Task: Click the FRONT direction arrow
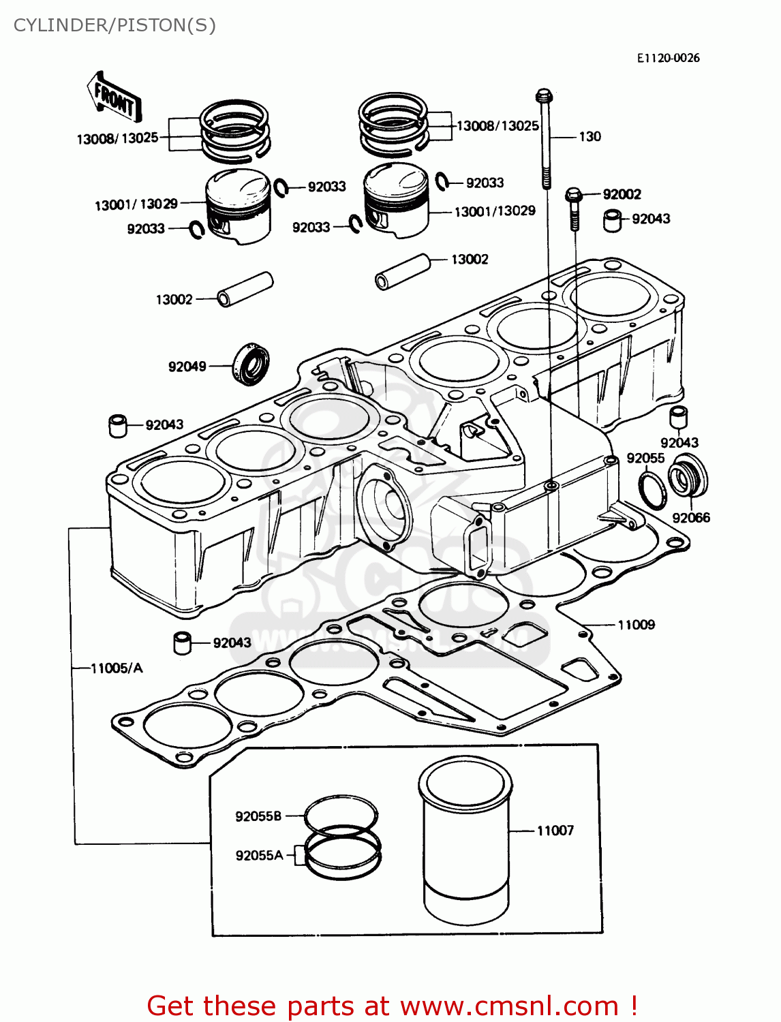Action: click(114, 99)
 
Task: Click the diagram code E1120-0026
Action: click(668, 58)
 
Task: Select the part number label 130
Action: click(589, 136)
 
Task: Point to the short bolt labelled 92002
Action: click(574, 208)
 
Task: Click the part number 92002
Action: click(622, 194)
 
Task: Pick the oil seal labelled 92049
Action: click(251, 364)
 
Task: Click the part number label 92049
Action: click(187, 367)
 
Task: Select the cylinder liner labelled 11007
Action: click(465, 841)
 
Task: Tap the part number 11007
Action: click(555, 831)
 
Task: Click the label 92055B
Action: click(258, 816)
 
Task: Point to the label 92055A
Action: click(259, 855)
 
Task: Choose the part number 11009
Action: click(636, 625)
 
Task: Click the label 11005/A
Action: click(117, 668)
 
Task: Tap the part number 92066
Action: click(691, 518)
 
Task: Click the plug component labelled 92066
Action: click(688, 478)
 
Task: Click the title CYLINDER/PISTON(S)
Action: click(114, 25)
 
